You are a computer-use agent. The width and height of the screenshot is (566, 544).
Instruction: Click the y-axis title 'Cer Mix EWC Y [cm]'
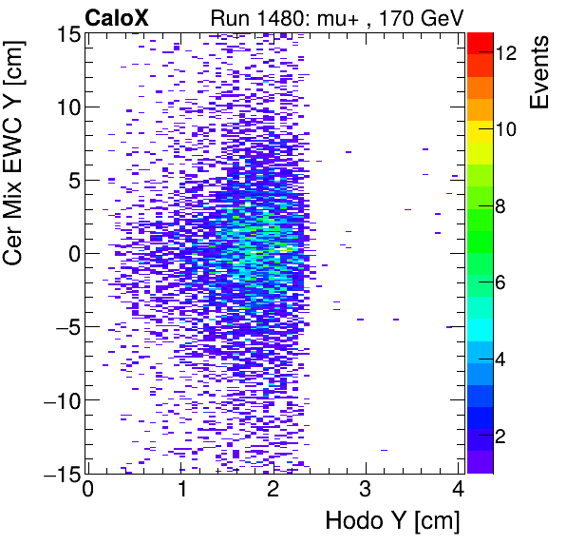pyautogui.click(x=16, y=147)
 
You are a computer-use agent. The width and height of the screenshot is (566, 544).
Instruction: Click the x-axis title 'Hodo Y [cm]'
pyautogui.click(x=392, y=521)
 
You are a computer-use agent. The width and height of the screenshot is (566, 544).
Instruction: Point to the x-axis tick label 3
pyautogui.click(x=366, y=491)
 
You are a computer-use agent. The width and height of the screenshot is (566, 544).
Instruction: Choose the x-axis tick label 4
pyautogui.click(x=458, y=491)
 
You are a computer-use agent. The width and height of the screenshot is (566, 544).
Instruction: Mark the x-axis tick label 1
pyautogui.click(x=180, y=491)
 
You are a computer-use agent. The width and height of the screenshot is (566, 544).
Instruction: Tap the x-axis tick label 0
pyautogui.click(x=88, y=491)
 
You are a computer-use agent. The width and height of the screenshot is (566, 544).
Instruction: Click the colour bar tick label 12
pyautogui.click(x=505, y=54)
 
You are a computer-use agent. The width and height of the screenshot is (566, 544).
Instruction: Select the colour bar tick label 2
pyautogui.click(x=500, y=436)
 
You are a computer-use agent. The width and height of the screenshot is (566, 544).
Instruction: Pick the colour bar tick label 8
pyautogui.click(x=500, y=206)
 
